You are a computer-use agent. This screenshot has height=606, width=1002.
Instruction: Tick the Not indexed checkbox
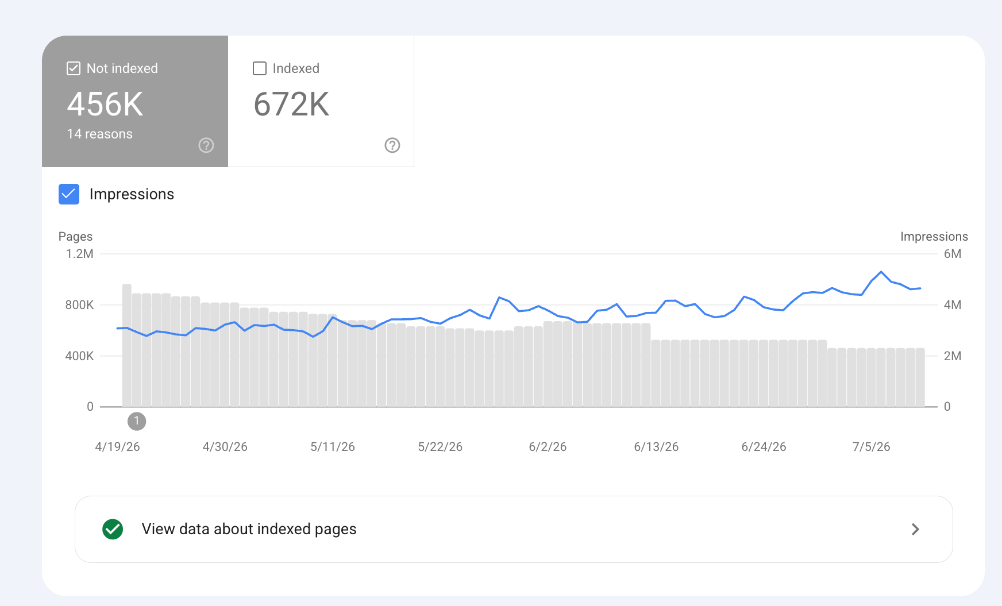click(x=74, y=68)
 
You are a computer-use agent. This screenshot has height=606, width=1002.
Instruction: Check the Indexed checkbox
click(x=260, y=68)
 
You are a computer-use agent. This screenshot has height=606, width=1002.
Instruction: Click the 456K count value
click(x=105, y=105)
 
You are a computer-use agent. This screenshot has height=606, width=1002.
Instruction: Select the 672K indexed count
click(x=291, y=105)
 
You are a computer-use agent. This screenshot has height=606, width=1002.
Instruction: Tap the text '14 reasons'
click(x=100, y=134)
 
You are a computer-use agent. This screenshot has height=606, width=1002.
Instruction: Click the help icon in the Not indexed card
click(x=206, y=145)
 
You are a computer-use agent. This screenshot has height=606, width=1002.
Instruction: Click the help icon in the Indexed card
click(x=392, y=145)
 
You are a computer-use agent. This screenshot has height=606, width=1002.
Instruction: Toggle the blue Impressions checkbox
click(x=69, y=194)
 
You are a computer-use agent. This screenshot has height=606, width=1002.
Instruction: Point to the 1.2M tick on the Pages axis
click(x=80, y=254)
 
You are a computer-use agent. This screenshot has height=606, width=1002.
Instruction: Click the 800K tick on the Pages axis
click(x=79, y=305)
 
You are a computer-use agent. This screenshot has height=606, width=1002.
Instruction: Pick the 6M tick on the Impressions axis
click(x=953, y=254)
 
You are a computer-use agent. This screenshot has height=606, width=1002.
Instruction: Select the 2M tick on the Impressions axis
click(x=953, y=356)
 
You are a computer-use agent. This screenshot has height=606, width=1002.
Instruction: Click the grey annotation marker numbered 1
click(x=137, y=421)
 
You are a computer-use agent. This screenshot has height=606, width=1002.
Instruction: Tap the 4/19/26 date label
click(x=118, y=447)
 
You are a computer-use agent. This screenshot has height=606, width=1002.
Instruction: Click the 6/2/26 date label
click(x=548, y=447)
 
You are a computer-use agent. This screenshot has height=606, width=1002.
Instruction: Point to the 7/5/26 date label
click(x=872, y=447)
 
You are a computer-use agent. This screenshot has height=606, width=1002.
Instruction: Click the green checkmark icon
click(x=113, y=529)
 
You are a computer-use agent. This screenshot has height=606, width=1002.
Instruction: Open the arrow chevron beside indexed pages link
click(x=916, y=529)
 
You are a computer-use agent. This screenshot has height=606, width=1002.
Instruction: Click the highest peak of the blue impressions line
click(x=881, y=272)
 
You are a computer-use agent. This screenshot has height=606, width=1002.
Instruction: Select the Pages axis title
click(x=75, y=237)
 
